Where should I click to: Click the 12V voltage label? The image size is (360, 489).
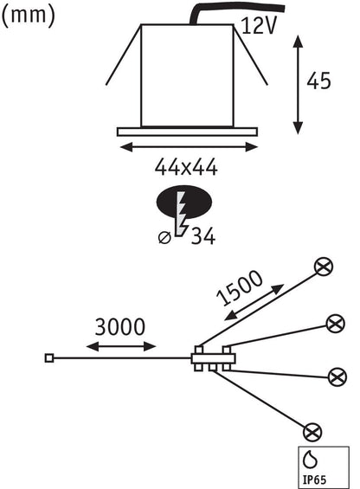259,25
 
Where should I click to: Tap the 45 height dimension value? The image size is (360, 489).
318,81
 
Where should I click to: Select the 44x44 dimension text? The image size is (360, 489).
186,167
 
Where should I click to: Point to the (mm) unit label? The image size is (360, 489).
28,16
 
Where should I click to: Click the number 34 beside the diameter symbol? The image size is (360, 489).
203,236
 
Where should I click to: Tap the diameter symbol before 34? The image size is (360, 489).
164,238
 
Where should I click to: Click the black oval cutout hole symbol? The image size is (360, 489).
184,202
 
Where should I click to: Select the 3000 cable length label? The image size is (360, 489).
120,327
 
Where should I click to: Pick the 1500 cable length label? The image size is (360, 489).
239,288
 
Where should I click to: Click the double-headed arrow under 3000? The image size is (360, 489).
121,346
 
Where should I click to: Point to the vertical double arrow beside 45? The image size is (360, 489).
299,85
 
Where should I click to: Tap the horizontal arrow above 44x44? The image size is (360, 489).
189,147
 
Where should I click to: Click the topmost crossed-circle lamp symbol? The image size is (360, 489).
324,267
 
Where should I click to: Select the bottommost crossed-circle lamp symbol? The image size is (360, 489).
312,432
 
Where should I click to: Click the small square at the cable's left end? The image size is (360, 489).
49,358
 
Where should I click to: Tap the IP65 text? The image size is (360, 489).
315,479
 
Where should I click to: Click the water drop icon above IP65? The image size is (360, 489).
311,460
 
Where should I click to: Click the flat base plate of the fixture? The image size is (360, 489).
187,132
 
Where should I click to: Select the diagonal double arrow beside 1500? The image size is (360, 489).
254,303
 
